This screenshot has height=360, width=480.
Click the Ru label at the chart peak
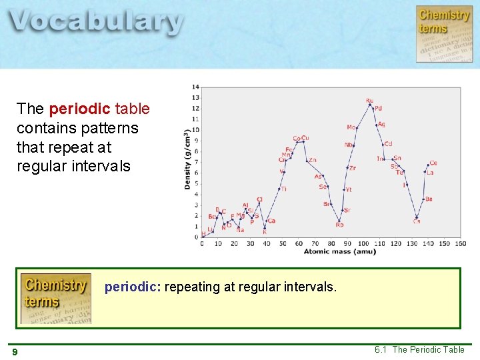tap(369, 101)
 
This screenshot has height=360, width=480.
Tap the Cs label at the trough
tap(416, 221)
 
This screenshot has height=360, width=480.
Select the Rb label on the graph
tap(339, 225)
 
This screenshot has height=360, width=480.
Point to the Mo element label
tap(351, 127)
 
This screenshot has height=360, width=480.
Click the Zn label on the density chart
tap(312, 160)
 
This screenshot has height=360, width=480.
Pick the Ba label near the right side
tap(429, 199)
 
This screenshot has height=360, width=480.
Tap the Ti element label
tap(284, 189)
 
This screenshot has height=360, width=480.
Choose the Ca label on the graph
tap(271, 221)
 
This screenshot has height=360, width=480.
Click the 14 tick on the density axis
tap(195, 87)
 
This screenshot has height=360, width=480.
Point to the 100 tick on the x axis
tap(363, 244)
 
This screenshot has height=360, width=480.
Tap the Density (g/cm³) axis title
tap(187, 159)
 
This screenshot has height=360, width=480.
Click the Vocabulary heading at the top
tap(96, 21)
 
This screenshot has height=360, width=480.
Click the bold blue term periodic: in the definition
tap(133, 287)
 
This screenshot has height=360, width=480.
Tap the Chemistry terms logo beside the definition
tap(55, 298)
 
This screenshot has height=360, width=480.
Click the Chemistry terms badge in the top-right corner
tap(444, 33)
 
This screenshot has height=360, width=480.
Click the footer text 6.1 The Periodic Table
tap(419, 350)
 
